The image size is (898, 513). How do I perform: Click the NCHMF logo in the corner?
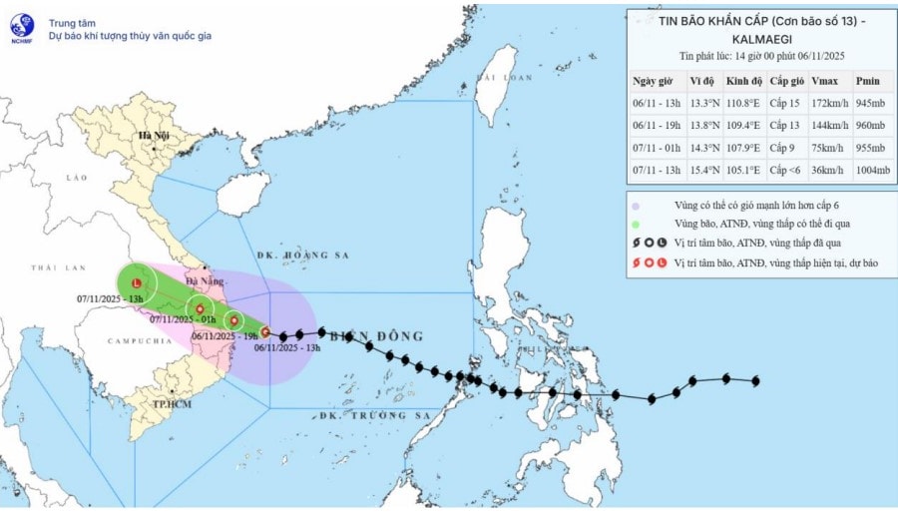tap(21, 28)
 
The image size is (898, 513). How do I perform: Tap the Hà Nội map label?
tap(154, 135)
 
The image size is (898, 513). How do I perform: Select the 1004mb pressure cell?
tap(871, 170)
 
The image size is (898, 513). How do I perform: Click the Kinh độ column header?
tap(742, 81)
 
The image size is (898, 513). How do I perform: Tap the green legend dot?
tap(636, 224)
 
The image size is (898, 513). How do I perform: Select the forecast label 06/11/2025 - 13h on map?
tap(286, 347)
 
